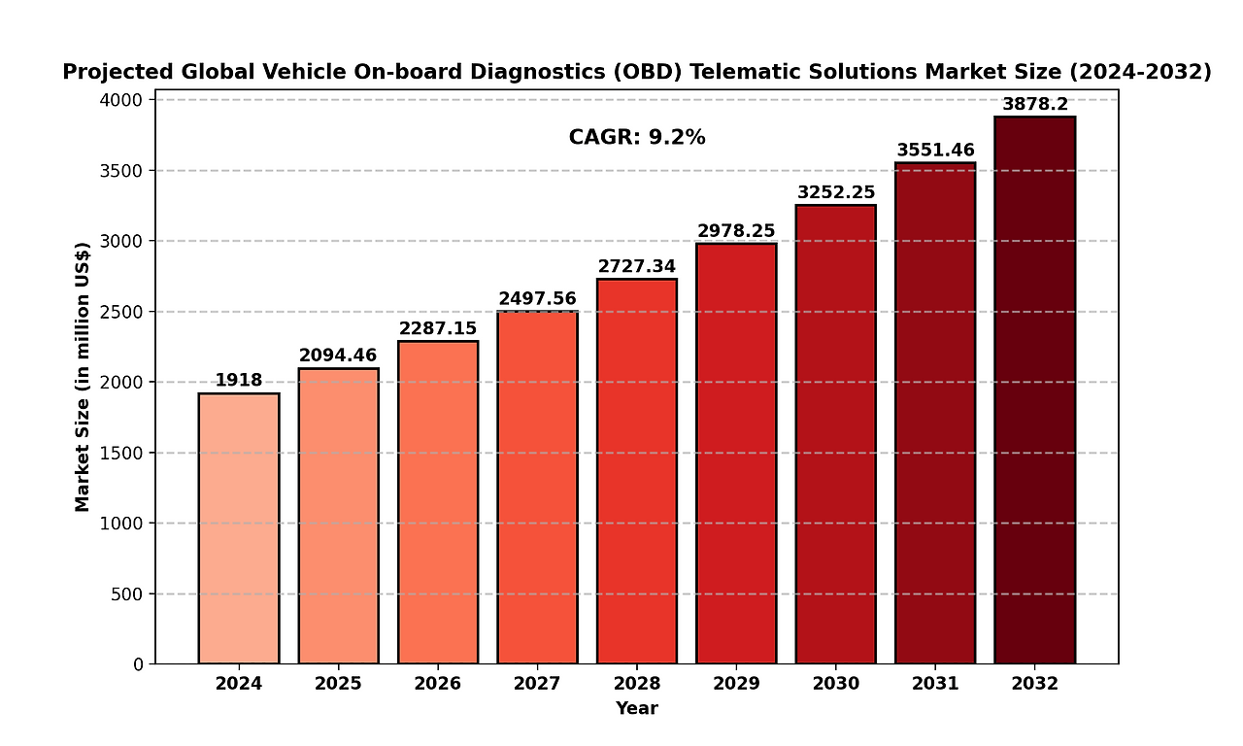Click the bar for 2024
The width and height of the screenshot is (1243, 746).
click(239, 528)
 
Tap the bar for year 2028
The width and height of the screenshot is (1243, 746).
click(637, 471)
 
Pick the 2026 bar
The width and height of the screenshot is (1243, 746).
click(438, 502)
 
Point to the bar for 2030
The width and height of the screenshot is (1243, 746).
click(835, 434)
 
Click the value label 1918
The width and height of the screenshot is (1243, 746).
click(239, 380)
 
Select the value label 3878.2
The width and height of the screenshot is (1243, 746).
click(1034, 104)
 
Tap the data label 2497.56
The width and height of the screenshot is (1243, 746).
click(537, 298)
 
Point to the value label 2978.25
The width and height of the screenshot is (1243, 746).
click(736, 230)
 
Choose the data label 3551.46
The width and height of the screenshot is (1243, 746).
click(935, 150)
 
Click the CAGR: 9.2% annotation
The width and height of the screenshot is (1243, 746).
click(637, 138)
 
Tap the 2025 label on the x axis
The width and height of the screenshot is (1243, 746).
click(338, 684)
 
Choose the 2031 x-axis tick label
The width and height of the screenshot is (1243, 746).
click(935, 684)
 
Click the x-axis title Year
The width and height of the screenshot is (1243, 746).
click(637, 709)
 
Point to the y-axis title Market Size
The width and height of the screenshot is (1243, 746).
click(83, 376)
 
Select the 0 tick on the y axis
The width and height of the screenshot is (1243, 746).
click(138, 664)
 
